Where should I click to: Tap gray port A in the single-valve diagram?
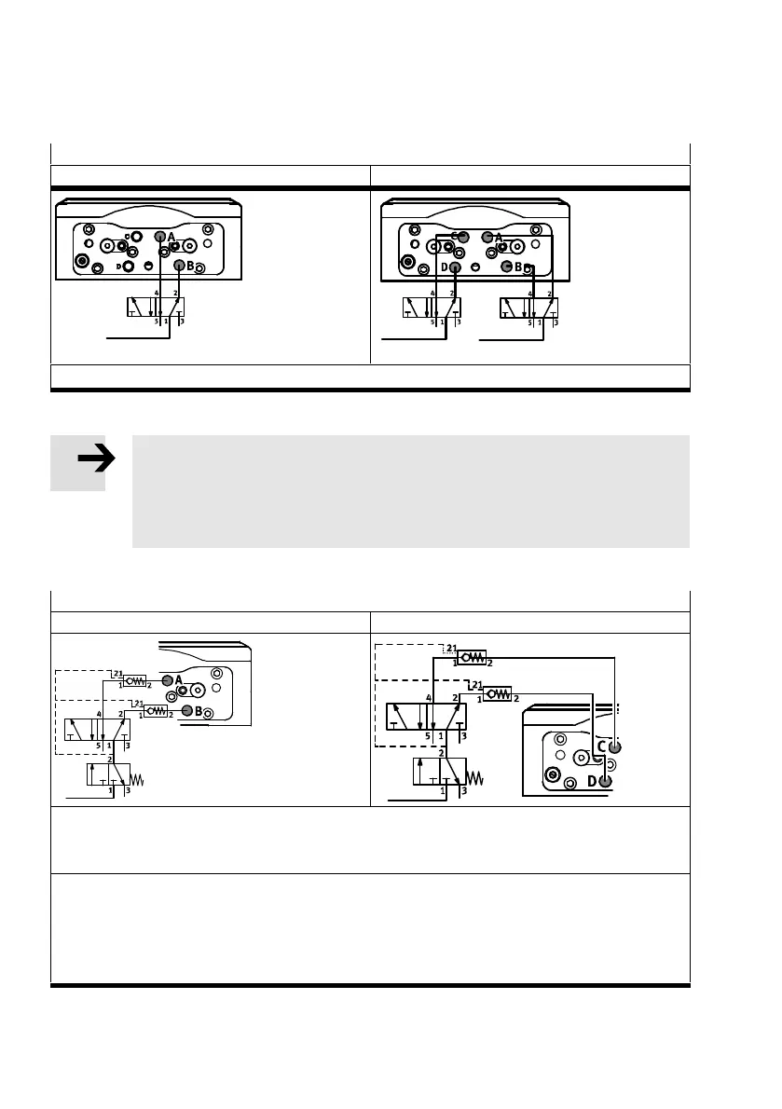[160, 238]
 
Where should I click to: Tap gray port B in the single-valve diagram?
[179, 265]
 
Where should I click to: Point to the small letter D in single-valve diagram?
[118, 267]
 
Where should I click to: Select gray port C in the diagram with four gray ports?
[463, 238]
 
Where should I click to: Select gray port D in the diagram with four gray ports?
[455, 268]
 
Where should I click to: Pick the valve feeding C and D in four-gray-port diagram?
[432, 308]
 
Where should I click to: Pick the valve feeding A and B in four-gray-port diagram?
[529, 308]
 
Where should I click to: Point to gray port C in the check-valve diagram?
[612, 747]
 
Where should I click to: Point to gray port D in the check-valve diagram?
[605, 781]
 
